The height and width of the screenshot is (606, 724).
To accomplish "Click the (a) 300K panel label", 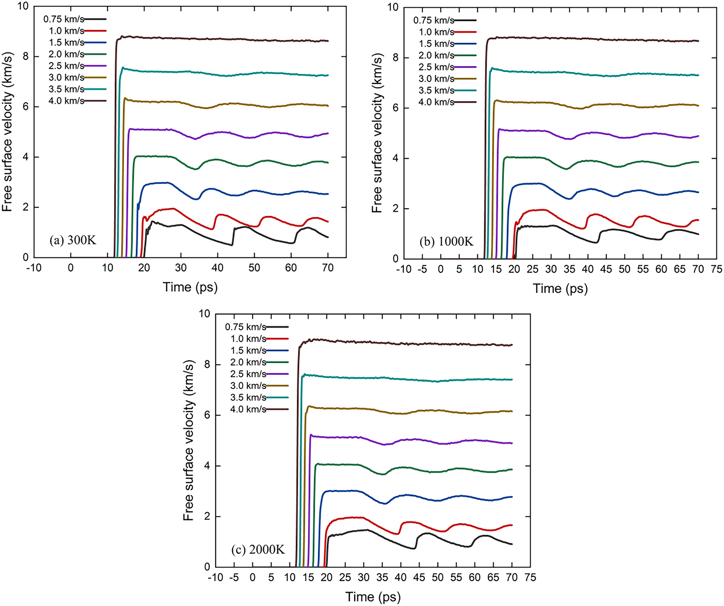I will click(73, 240).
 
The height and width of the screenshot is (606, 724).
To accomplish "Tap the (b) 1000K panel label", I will click(446, 242).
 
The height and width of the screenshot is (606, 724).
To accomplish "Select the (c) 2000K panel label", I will click(258, 550).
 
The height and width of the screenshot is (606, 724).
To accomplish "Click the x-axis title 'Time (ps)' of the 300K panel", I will click(190, 287).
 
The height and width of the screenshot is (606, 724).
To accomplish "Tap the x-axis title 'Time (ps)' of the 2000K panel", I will click(373, 596).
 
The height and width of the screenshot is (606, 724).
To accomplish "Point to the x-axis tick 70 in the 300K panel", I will click(328, 268).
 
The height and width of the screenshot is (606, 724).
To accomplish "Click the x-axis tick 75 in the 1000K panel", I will click(717, 269).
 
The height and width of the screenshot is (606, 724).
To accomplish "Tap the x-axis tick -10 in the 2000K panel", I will click(215, 577).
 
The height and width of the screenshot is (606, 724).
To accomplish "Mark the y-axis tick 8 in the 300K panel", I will click(26, 56).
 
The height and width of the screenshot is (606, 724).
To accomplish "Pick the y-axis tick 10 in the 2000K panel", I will click(204, 314).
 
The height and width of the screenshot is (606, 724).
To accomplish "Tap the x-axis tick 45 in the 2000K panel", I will click(419, 577).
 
